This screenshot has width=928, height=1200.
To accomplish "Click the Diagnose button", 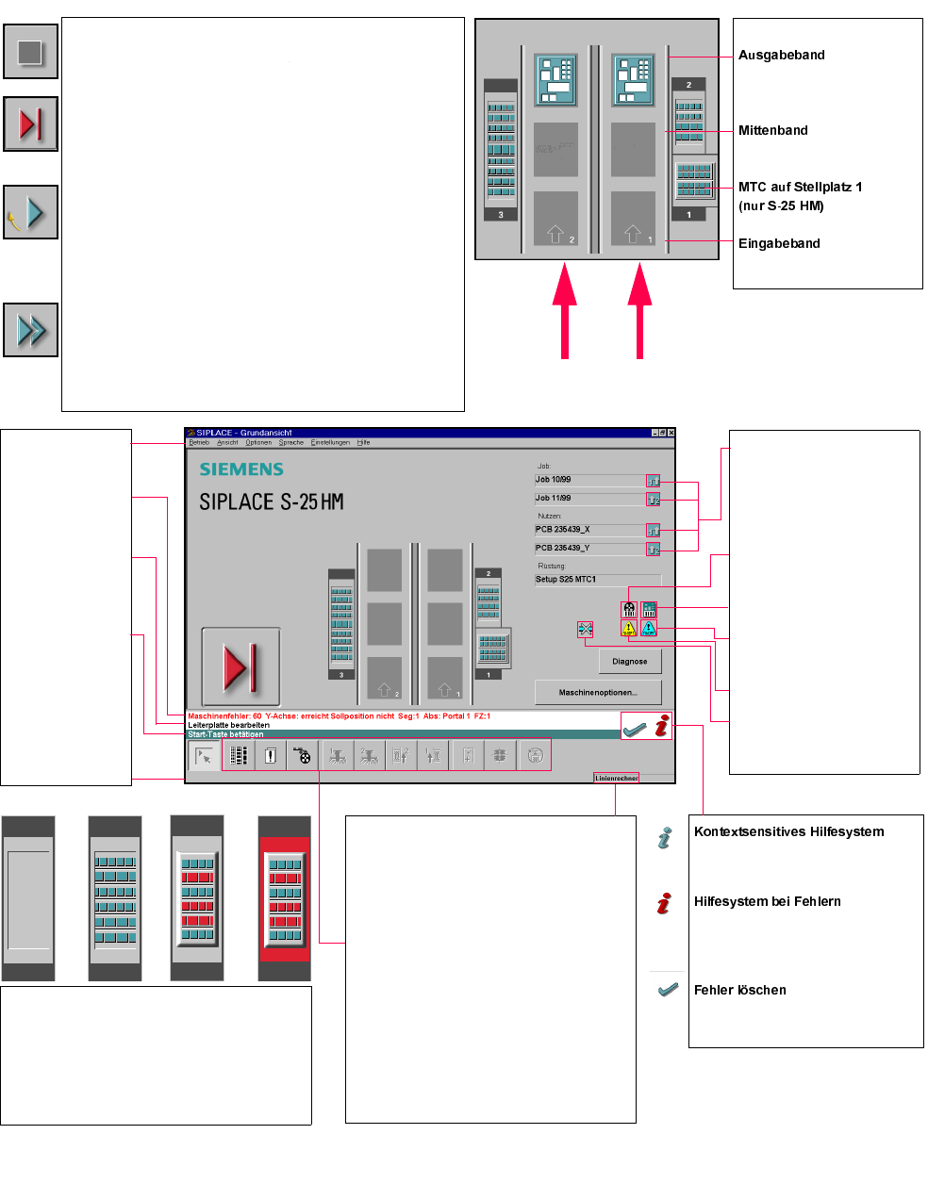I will (629, 662).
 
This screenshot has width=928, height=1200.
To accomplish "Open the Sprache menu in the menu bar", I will (291, 442).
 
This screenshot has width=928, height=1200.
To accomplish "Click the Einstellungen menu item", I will (330, 442).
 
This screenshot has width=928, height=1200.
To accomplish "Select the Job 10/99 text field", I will (588, 480).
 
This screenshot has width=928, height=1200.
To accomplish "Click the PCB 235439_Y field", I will (588, 548).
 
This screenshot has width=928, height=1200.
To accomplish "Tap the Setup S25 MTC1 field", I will (597, 580).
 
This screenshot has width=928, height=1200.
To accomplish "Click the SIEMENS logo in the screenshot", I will (241, 469).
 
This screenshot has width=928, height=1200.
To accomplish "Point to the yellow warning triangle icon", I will (629, 628).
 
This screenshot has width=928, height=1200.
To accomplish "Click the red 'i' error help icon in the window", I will (662, 725).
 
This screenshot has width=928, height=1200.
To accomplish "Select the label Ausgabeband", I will (781, 55).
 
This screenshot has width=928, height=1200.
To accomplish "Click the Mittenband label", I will (772, 130).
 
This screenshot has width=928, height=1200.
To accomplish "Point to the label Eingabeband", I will (779, 243).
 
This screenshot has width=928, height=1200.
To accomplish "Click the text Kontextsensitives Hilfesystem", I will (788, 831).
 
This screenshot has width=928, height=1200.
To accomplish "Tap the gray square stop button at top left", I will (31, 51).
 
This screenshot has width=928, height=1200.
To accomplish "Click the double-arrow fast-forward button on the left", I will (31, 330).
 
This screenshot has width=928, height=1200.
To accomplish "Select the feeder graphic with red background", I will (284, 898).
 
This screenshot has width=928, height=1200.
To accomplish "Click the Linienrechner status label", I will (616, 778).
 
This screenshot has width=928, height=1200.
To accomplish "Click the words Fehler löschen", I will (739, 990).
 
